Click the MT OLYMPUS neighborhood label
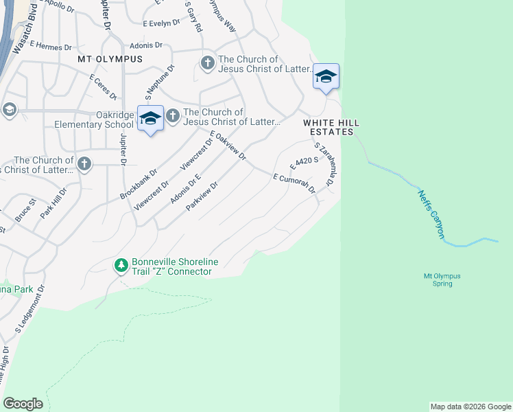[x=110, y=59]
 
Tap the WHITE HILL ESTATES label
[x=332, y=127]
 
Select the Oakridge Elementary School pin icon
[x=150, y=119]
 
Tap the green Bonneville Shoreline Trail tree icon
[x=121, y=265]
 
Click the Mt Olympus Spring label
[x=442, y=279]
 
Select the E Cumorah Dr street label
[x=294, y=183]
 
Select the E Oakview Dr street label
[x=228, y=146]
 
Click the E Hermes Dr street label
[x=49, y=47]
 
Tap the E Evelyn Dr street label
[x=162, y=23]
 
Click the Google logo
[x=23, y=404]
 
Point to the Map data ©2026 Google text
[x=470, y=407]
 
